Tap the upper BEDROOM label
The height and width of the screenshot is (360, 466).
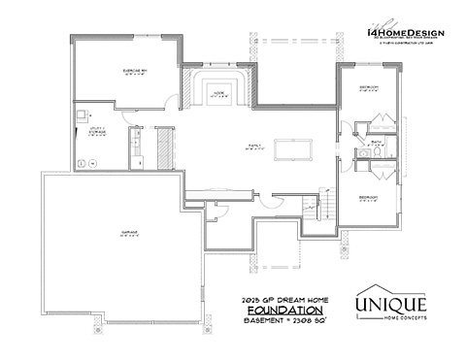[x=368, y=88]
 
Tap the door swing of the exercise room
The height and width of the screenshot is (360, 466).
[x=173, y=97]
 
